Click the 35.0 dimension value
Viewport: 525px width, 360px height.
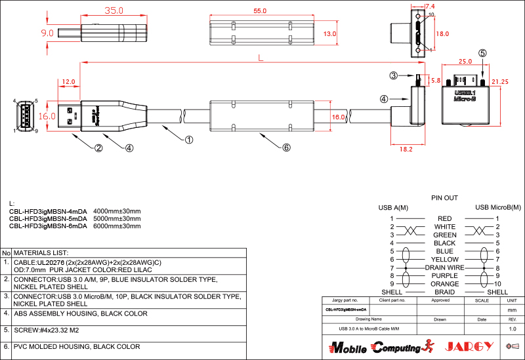click(114, 11)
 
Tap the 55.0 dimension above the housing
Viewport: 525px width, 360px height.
click(260, 11)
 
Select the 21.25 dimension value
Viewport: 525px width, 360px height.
click(500, 82)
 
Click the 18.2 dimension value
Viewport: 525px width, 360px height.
click(406, 150)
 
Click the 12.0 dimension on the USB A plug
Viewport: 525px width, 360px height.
click(68, 82)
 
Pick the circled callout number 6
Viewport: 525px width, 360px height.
click(286, 148)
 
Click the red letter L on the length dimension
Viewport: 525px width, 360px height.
click(261, 58)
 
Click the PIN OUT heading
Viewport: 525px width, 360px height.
click(444, 197)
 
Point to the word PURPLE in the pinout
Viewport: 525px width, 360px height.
click(444, 276)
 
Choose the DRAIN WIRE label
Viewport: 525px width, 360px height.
click(444, 268)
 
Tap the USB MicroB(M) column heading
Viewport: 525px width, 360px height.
click(497, 207)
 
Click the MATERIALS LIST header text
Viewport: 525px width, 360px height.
click(41, 252)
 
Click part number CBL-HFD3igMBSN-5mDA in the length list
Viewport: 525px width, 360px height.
click(48, 218)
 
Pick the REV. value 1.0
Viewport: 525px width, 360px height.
click(512, 328)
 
